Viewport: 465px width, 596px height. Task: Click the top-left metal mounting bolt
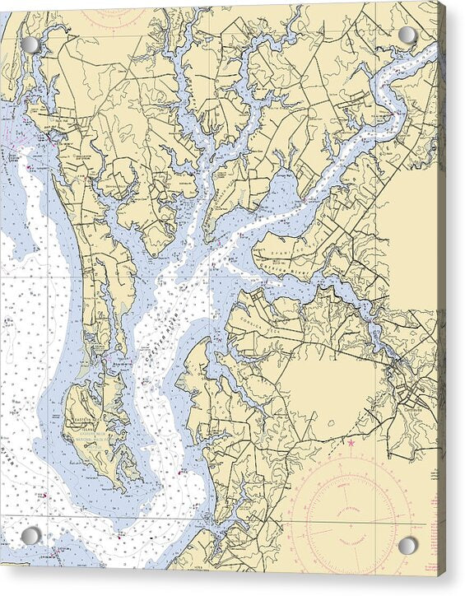point(31,44)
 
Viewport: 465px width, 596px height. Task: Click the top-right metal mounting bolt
point(407,35)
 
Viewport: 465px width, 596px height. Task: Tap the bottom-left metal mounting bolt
point(31,536)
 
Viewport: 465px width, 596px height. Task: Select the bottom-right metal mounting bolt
point(407,546)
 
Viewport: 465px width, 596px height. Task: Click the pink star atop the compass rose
point(351,443)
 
